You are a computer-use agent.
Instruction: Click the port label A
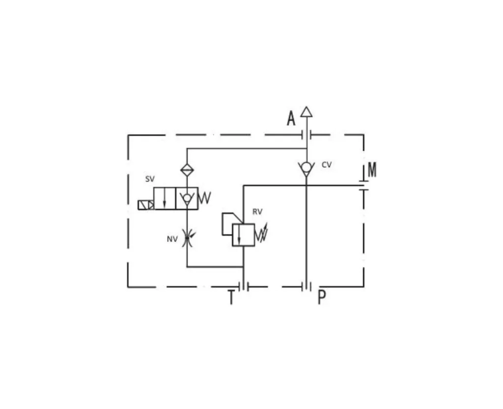[x=291, y=118]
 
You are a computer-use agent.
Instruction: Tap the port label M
[x=372, y=170]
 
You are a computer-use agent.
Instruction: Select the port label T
[x=231, y=297]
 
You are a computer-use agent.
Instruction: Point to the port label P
[x=322, y=297]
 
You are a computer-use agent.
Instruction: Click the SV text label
[x=150, y=179]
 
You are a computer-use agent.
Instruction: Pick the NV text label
[x=172, y=239]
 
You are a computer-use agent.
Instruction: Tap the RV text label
[x=257, y=212]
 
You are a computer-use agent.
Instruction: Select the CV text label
[x=327, y=165]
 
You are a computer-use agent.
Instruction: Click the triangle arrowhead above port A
[x=307, y=112]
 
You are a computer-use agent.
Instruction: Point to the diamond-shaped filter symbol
[x=187, y=170]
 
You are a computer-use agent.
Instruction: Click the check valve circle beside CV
[x=307, y=167]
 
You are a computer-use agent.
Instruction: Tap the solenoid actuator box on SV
[x=146, y=205]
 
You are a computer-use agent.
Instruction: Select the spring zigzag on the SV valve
[x=205, y=198]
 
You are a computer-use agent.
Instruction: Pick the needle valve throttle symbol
[x=187, y=238]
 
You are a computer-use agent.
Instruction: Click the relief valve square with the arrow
[x=244, y=235]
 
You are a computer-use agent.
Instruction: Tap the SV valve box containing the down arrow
[x=165, y=199]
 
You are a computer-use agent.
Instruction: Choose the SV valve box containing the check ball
[x=187, y=199]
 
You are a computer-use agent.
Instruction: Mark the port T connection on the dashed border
[x=244, y=287]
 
